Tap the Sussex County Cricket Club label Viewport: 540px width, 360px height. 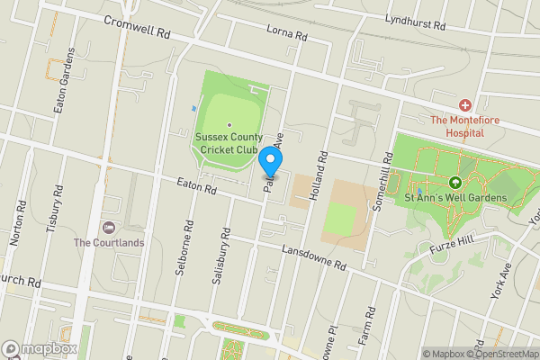pos(229,143)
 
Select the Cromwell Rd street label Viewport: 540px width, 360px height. pos(137,26)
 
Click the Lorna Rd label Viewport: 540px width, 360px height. pos(287,32)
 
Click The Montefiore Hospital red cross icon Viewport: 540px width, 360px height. pos(465,105)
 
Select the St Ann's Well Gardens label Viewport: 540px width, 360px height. pos(455,197)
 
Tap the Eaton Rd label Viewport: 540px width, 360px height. pos(198,188)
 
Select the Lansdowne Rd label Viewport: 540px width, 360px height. pos(314,258)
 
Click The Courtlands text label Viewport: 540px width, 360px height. pos(110,242)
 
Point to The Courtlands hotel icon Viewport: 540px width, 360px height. pos(110,226)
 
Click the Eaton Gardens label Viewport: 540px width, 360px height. pos(63,93)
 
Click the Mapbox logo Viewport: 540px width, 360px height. pos(40,348)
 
